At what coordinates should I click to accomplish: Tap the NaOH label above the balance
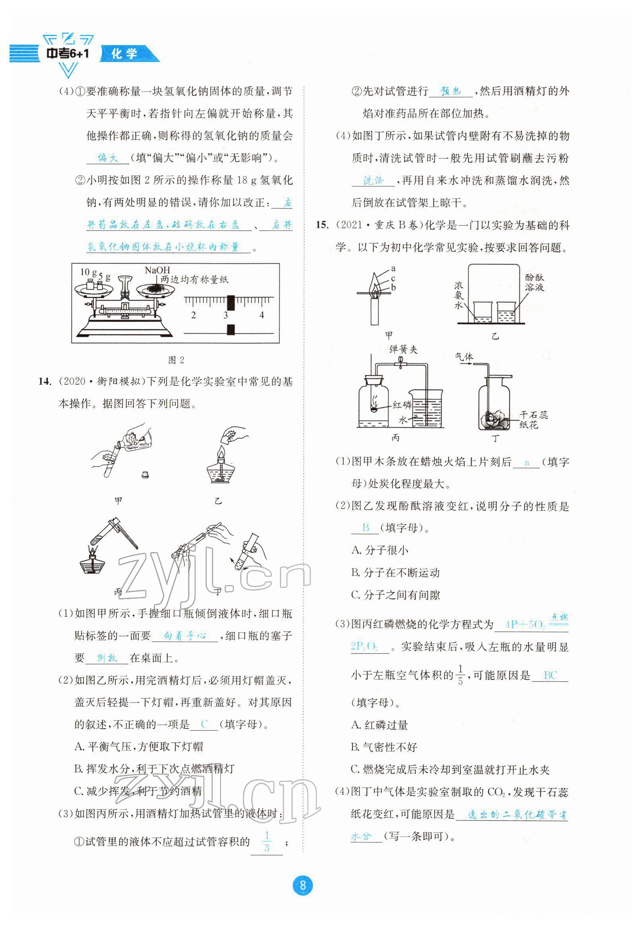(x=157, y=270)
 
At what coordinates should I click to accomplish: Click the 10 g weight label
(x=88, y=272)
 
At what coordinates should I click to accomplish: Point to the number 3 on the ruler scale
(x=226, y=315)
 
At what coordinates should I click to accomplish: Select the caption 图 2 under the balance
(x=176, y=360)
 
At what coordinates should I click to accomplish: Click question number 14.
(x=44, y=381)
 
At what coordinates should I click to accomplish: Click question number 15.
(x=322, y=225)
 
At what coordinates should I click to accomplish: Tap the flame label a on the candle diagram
(x=393, y=268)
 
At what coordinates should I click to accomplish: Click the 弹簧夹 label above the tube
(x=403, y=349)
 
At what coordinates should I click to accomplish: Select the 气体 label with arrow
(x=464, y=357)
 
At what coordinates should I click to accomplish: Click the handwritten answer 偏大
(x=108, y=158)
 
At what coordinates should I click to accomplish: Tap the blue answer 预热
(x=451, y=91)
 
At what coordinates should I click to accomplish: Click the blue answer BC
(x=550, y=675)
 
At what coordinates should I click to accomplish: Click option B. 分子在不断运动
(x=395, y=573)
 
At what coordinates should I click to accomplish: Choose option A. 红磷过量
(x=379, y=725)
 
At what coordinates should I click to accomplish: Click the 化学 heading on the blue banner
(x=124, y=53)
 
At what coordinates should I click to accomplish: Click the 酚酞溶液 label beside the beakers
(x=534, y=282)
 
